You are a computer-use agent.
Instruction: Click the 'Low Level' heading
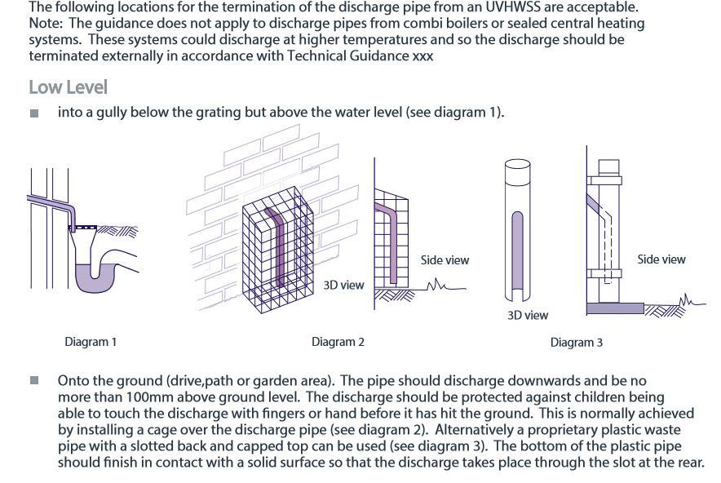(x=68, y=86)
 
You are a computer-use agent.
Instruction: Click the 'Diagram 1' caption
(x=91, y=342)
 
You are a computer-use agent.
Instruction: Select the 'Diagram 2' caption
(x=338, y=342)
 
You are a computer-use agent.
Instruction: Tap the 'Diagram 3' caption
(x=576, y=343)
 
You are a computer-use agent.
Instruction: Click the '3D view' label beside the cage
(x=343, y=285)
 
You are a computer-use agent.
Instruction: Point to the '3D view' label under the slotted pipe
(x=528, y=315)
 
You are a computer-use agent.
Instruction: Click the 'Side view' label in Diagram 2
(x=445, y=260)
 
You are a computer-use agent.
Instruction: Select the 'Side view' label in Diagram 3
(x=661, y=259)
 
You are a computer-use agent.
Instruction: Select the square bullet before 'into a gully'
(x=34, y=113)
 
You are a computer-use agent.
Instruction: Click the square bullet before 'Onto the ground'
(x=34, y=381)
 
